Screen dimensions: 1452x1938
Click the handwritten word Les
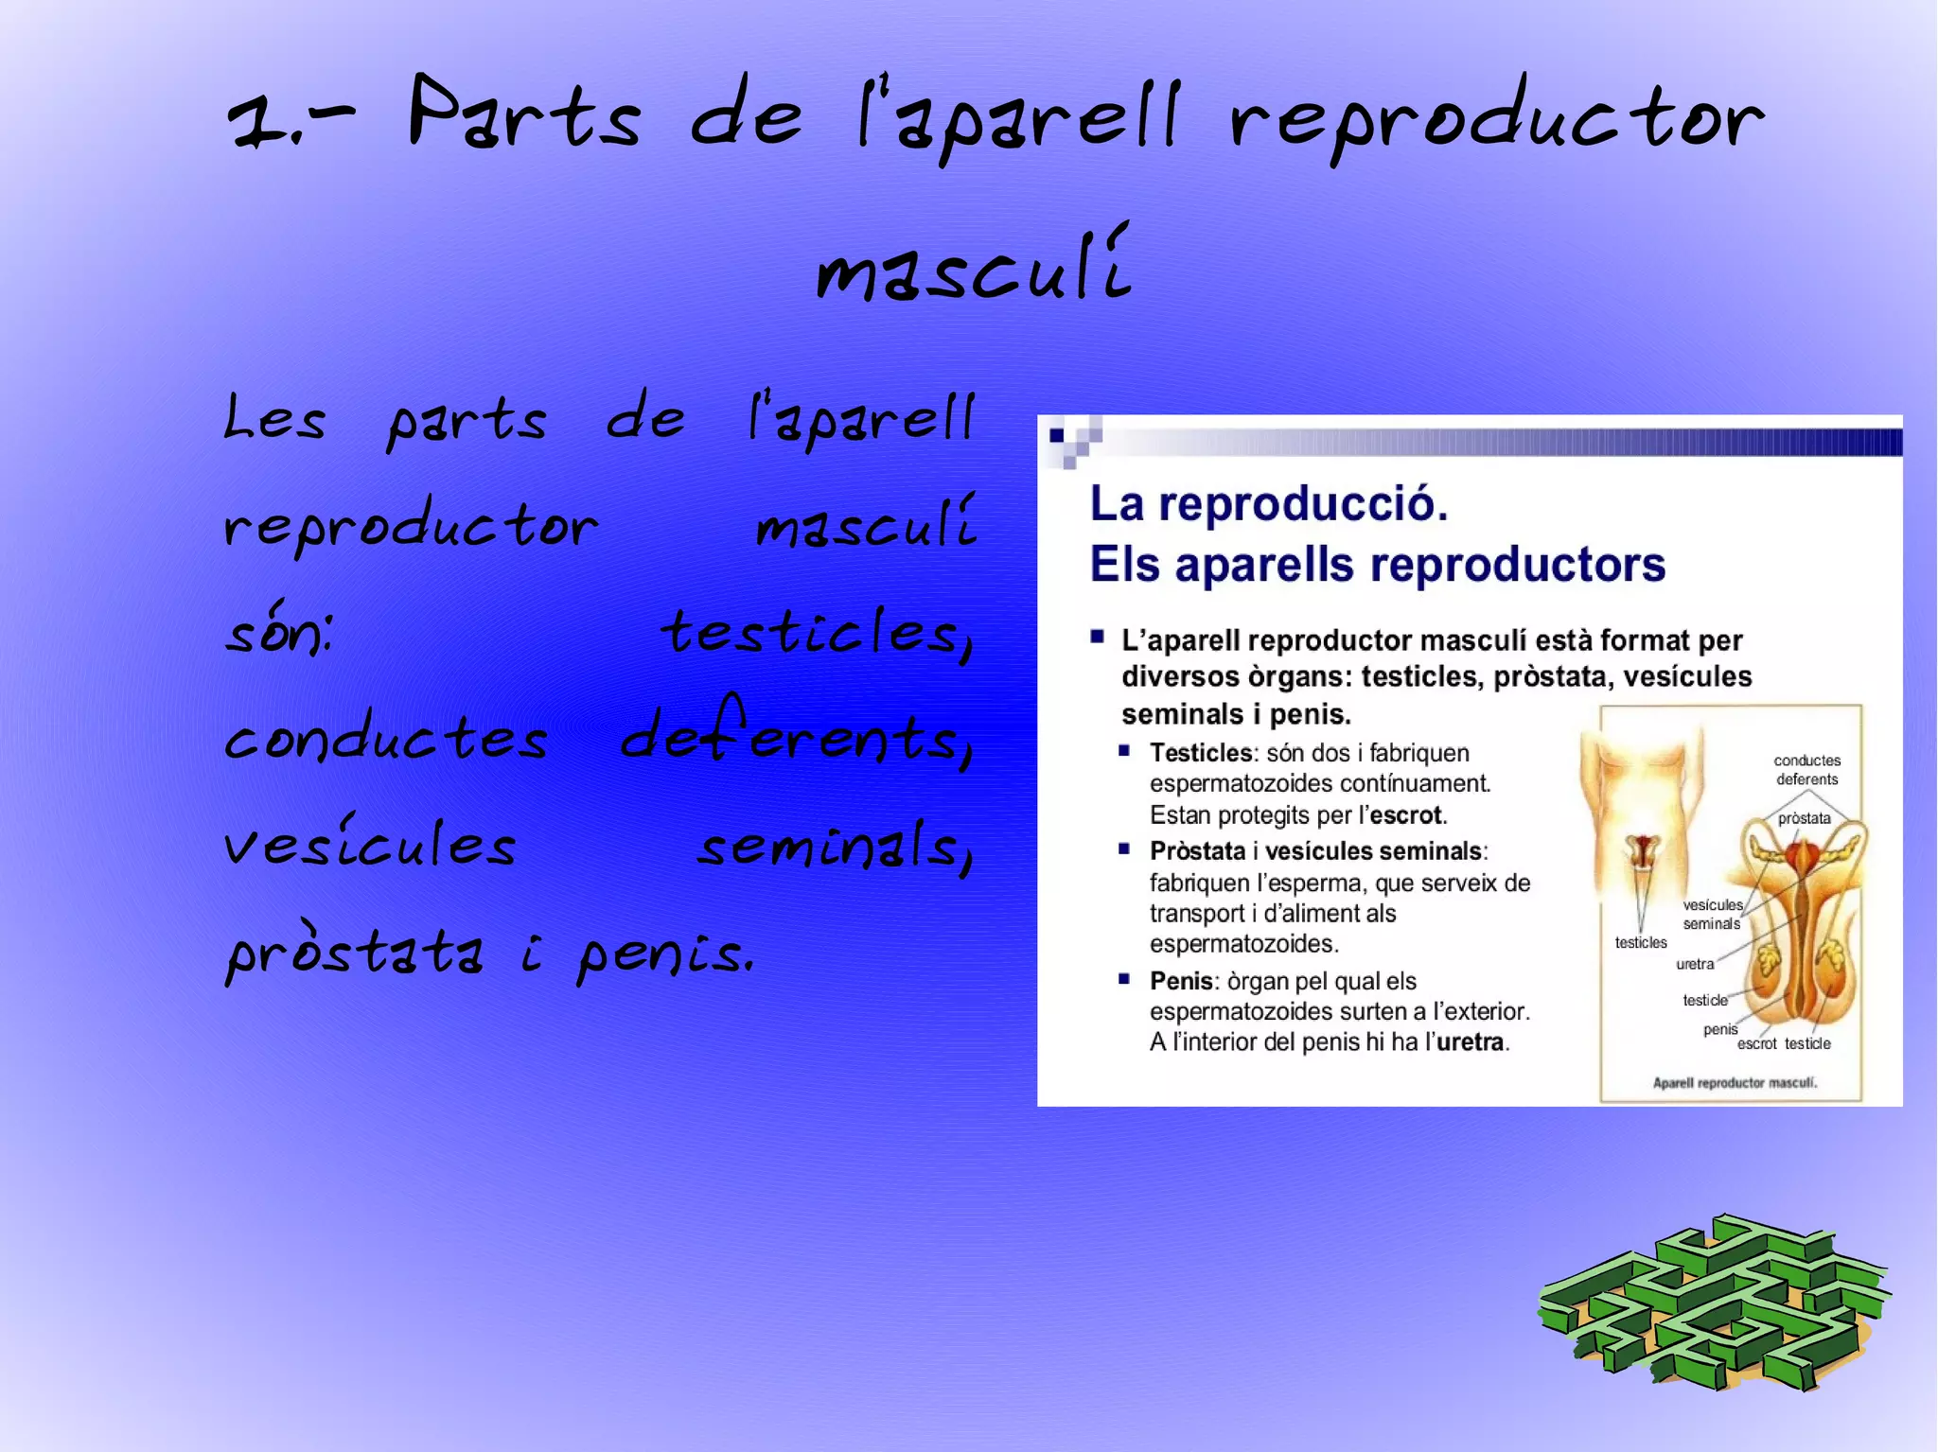tap(274, 418)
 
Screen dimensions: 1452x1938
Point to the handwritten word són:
tap(278, 631)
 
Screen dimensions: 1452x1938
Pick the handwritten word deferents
tap(795, 733)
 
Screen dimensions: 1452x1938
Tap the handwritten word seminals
tap(834, 846)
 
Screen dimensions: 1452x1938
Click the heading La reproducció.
tap(1268, 503)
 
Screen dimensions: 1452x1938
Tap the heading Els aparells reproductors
tap(1377, 565)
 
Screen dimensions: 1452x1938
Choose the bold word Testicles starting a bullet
tap(1201, 753)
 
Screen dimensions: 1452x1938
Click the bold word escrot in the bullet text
tap(1406, 815)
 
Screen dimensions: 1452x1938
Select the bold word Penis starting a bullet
tap(1181, 981)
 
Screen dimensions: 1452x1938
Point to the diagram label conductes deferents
tap(1806, 770)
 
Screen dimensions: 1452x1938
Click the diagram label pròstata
tap(1804, 818)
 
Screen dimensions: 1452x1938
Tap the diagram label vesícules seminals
tap(1712, 914)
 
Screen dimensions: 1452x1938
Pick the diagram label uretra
tap(1694, 964)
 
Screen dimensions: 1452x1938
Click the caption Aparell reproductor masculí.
tap(1734, 1082)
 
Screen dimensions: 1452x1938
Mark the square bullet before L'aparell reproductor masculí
tap(1098, 637)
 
